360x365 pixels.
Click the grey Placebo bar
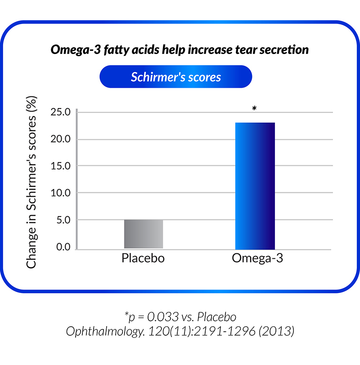144,234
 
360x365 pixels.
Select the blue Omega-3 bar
255,186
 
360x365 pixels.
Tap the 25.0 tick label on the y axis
60,112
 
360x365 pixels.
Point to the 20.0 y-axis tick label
60,139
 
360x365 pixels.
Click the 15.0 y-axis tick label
60,166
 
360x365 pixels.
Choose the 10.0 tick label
60,193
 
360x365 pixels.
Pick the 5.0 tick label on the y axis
63,220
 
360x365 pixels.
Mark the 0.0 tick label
63,247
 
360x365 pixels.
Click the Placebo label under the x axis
143,258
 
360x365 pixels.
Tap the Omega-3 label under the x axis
257,258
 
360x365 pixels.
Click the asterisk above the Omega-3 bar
254,108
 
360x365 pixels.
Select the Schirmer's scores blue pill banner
175,77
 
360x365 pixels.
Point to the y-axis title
31,182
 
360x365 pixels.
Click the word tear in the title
246,50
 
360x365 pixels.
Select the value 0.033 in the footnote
163,317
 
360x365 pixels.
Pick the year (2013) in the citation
276,331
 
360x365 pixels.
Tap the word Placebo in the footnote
216,317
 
